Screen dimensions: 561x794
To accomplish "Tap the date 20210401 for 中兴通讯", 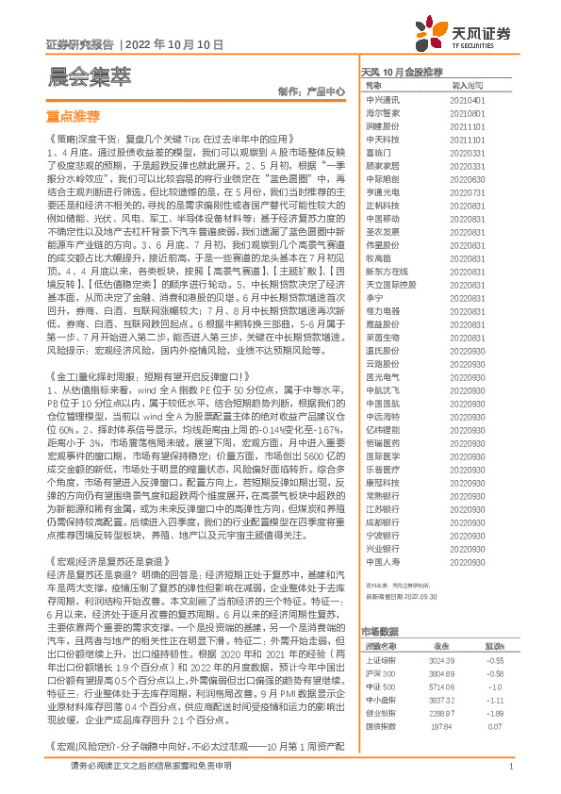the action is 469,99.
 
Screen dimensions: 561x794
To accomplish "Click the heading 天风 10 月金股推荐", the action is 403,72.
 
